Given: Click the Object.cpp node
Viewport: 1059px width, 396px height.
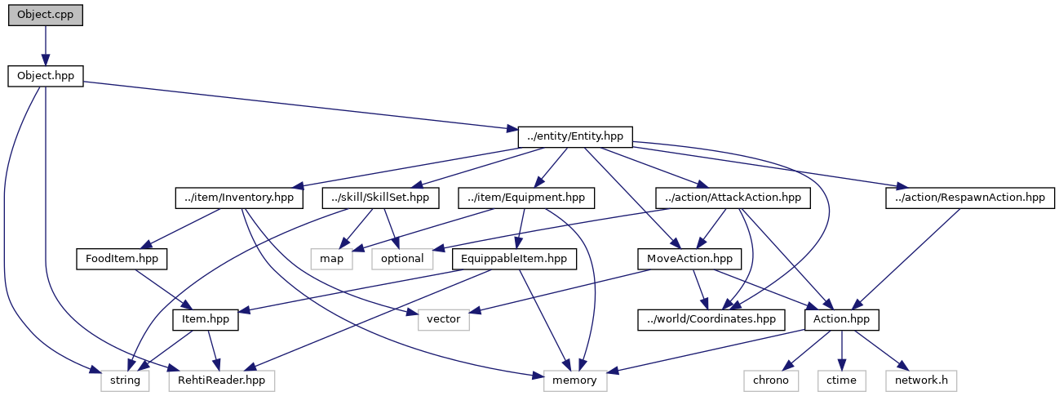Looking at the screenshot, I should [46, 16].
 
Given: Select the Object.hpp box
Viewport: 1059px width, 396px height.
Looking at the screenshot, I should [46, 76].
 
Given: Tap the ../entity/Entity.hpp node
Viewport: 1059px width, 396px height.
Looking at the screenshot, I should [575, 137].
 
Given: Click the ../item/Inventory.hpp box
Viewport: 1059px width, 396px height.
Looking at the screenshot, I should [238, 198].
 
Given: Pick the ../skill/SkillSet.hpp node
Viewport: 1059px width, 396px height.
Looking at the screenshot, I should [381, 198].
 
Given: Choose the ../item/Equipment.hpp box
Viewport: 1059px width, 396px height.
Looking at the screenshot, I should [525, 198].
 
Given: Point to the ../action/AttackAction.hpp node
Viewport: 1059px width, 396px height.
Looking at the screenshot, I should [732, 198].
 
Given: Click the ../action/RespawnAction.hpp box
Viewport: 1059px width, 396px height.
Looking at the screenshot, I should [969, 198].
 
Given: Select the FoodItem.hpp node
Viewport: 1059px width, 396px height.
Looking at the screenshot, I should [122, 259].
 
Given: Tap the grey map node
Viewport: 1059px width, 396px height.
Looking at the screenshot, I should [330, 259].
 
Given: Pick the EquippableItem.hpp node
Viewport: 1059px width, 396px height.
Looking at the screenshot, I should [514, 259].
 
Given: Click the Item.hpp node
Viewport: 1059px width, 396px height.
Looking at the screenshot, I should [205, 319].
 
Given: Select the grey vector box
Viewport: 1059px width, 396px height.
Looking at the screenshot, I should [444, 319].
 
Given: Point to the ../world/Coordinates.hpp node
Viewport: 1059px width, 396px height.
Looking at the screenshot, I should [711, 319].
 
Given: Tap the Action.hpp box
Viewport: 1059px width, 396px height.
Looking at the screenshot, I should [841, 319].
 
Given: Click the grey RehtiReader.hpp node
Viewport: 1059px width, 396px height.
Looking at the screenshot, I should [221, 380].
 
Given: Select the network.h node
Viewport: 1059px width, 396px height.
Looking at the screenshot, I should [920, 380].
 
